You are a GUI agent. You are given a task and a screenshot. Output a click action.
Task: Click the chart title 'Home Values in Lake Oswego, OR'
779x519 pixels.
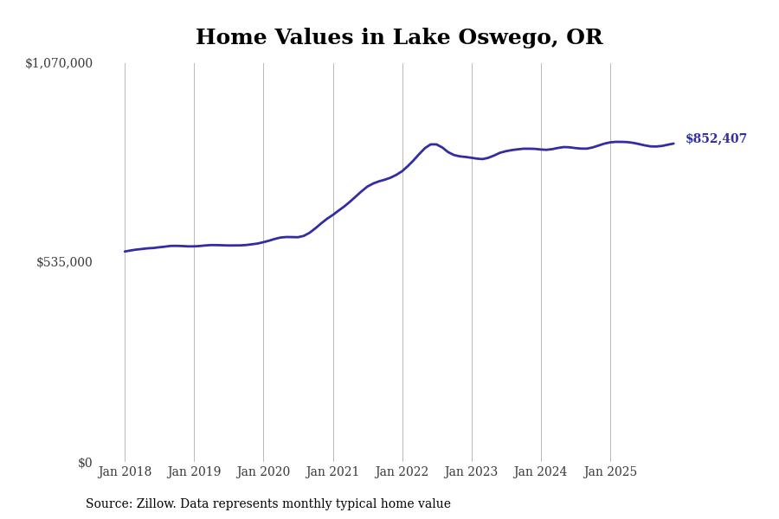click(x=399, y=38)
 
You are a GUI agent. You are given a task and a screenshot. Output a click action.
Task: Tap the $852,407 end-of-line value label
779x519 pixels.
click(x=716, y=139)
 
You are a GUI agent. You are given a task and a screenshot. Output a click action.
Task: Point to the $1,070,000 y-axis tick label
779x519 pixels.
click(x=59, y=63)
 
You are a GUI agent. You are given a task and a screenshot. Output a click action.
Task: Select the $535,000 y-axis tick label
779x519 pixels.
click(x=64, y=262)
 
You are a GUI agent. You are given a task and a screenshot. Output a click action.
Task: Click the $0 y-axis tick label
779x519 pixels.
click(x=85, y=463)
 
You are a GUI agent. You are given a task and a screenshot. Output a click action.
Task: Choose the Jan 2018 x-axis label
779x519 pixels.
click(x=125, y=472)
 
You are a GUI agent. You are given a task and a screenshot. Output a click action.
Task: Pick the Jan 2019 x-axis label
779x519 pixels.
click(x=194, y=472)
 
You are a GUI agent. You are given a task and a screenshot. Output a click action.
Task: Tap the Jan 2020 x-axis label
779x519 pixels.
click(x=263, y=472)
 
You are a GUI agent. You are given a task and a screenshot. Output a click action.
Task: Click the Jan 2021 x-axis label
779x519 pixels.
click(x=332, y=472)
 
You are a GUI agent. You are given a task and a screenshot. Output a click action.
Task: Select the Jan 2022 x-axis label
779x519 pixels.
click(x=402, y=472)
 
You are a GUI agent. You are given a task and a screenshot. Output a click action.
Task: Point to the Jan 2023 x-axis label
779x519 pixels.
click(x=471, y=472)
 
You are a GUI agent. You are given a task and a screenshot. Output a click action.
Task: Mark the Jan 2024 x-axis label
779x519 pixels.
click(x=540, y=472)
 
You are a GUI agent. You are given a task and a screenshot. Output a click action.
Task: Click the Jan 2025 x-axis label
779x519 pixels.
click(x=610, y=472)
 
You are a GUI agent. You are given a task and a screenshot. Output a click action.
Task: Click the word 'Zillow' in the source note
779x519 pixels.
click(x=155, y=504)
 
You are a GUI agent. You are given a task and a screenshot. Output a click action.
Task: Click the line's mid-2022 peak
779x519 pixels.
click(x=433, y=144)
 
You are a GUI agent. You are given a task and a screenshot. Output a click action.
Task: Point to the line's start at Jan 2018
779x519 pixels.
click(x=125, y=252)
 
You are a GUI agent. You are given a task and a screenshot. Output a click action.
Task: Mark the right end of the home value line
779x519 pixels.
click(x=673, y=144)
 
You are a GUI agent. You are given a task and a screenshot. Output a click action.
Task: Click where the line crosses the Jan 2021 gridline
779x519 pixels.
click(x=333, y=215)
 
